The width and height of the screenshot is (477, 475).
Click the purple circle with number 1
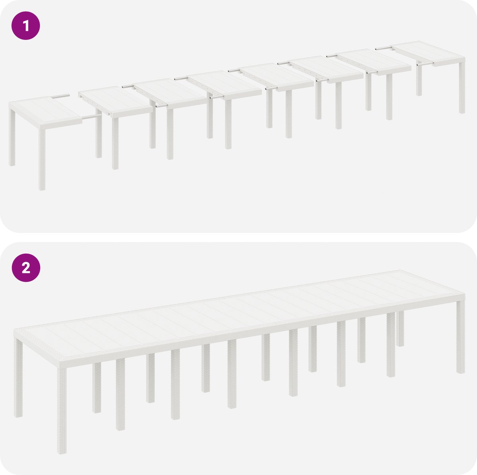(26, 25)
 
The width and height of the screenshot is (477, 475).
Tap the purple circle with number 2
(26, 268)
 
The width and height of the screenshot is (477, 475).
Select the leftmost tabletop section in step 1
(45, 112)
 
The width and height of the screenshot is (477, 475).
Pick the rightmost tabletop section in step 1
(429, 53)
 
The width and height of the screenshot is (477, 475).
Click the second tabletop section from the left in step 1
(115, 101)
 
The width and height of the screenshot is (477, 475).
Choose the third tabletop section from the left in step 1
(170, 93)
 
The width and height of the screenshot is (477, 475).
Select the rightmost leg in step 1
(462, 88)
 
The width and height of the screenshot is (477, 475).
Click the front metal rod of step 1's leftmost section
(92, 116)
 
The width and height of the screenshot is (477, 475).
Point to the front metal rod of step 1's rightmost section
(425, 64)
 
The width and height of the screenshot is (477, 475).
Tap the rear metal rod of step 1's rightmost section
(384, 48)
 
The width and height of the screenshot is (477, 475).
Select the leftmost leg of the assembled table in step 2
(18, 378)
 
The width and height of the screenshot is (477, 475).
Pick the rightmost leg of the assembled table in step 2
(461, 337)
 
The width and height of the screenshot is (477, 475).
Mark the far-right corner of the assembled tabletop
(465, 294)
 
